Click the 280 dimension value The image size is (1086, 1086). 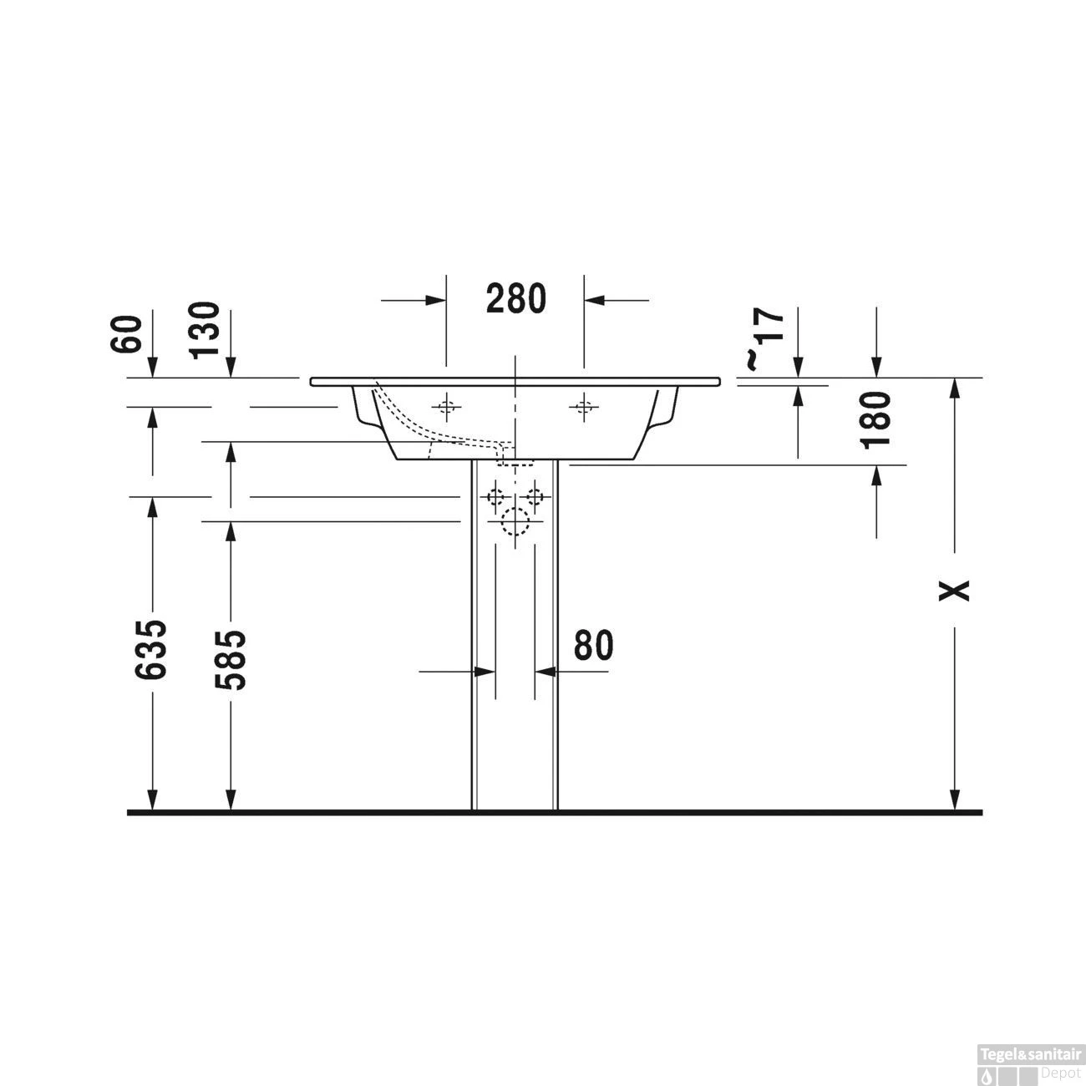[x=515, y=299]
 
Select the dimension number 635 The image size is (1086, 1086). [x=153, y=648]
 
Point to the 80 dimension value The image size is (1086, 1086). [x=592, y=645]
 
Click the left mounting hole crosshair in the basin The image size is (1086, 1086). [x=446, y=407]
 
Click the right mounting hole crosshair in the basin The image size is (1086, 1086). [x=583, y=407]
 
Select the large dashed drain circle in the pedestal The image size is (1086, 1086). [x=515, y=523]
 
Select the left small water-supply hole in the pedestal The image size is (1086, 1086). [x=496, y=497]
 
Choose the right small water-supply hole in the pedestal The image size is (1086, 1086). [x=535, y=497]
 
